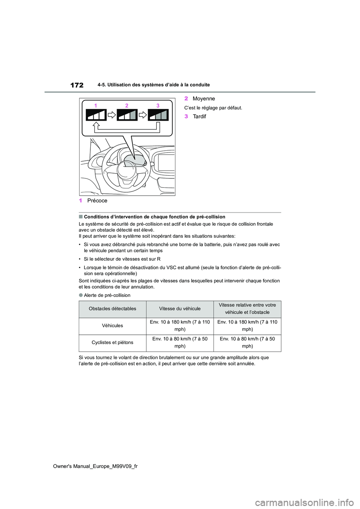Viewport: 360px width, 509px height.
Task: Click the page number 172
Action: (x=76, y=85)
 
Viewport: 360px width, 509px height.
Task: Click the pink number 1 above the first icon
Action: (x=96, y=106)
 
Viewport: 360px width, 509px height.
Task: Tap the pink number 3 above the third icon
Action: (x=158, y=106)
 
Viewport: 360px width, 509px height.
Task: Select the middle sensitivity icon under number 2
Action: (x=127, y=115)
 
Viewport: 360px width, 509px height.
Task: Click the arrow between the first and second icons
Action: (x=111, y=115)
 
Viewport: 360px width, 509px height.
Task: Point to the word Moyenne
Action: (x=204, y=99)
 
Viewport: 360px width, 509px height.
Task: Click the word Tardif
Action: (x=199, y=117)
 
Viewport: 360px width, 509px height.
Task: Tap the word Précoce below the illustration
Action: (x=97, y=201)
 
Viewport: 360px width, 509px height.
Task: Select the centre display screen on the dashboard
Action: (x=166, y=162)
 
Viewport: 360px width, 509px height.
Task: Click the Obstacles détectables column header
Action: (x=112, y=308)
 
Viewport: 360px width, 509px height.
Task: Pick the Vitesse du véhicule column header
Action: (x=180, y=308)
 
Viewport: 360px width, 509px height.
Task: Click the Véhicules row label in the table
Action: (x=112, y=325)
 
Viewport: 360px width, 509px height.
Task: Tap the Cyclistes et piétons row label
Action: (x=112, y=342)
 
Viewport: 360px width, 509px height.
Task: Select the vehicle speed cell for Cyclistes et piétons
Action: (x=180, y=342)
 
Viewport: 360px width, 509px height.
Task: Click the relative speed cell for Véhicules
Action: (x=247, y=325)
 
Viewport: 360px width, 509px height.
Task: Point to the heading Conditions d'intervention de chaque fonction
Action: (x=154, y=217)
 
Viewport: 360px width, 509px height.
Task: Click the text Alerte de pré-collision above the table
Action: (x=107, y=295)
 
